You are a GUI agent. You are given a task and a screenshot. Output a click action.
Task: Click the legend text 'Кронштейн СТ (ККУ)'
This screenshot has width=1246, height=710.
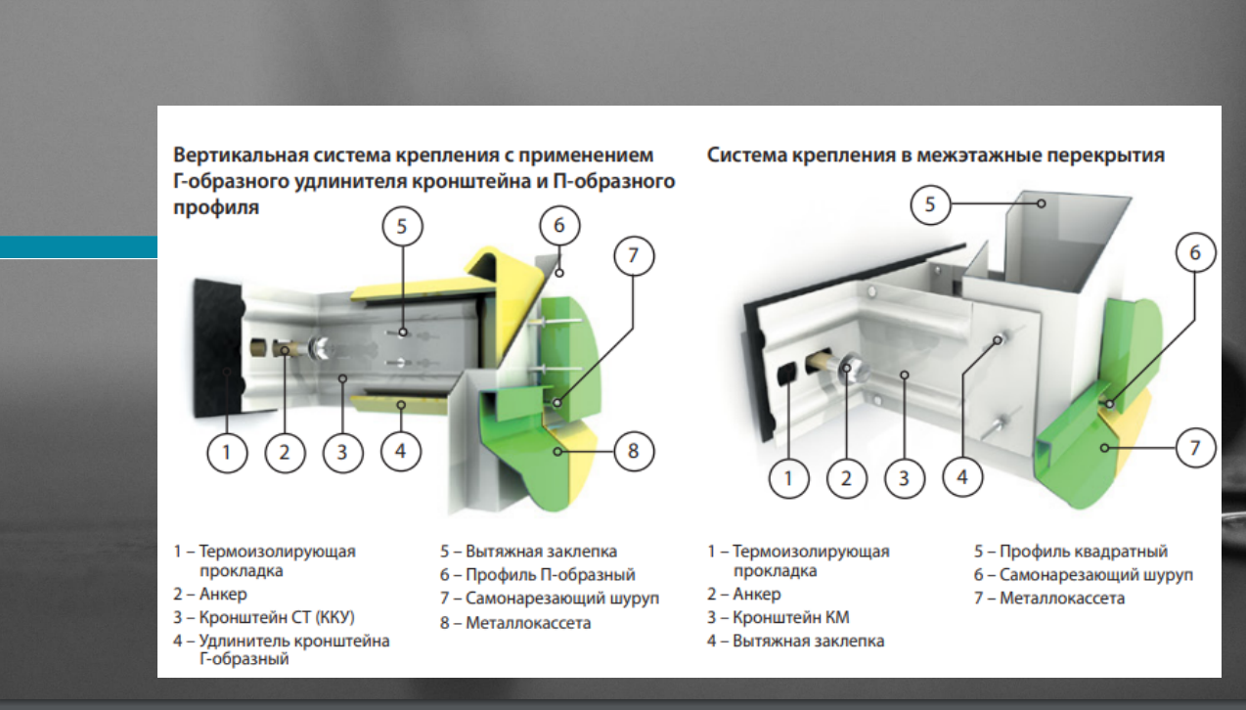(x=277, y=617)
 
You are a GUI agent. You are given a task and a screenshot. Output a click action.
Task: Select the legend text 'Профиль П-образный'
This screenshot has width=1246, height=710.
(x=550, y=574)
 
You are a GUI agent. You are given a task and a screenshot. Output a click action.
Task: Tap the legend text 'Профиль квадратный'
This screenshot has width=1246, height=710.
(x=1083, y=551)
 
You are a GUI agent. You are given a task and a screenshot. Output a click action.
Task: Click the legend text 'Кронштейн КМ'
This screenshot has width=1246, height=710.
(x=790, y=617)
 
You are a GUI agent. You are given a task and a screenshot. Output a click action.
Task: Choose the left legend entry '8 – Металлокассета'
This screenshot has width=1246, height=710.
(x=515, y=623)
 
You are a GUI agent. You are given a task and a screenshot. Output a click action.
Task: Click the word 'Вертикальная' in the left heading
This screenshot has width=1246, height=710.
(x=241, y=155)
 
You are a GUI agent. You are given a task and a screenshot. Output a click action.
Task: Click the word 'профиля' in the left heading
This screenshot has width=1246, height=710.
(x=216, y=207)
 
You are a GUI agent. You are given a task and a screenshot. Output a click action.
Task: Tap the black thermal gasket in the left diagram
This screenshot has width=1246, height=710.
(x=219, y=348)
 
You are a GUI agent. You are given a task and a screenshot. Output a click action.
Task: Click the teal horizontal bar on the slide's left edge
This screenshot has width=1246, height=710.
(x=78, y=247)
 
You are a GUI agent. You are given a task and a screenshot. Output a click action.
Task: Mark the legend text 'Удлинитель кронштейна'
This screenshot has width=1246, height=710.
(x=293, y=641)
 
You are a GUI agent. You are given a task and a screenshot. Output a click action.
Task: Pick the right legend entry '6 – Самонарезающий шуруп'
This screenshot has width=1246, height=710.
(x=1083, y=574)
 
